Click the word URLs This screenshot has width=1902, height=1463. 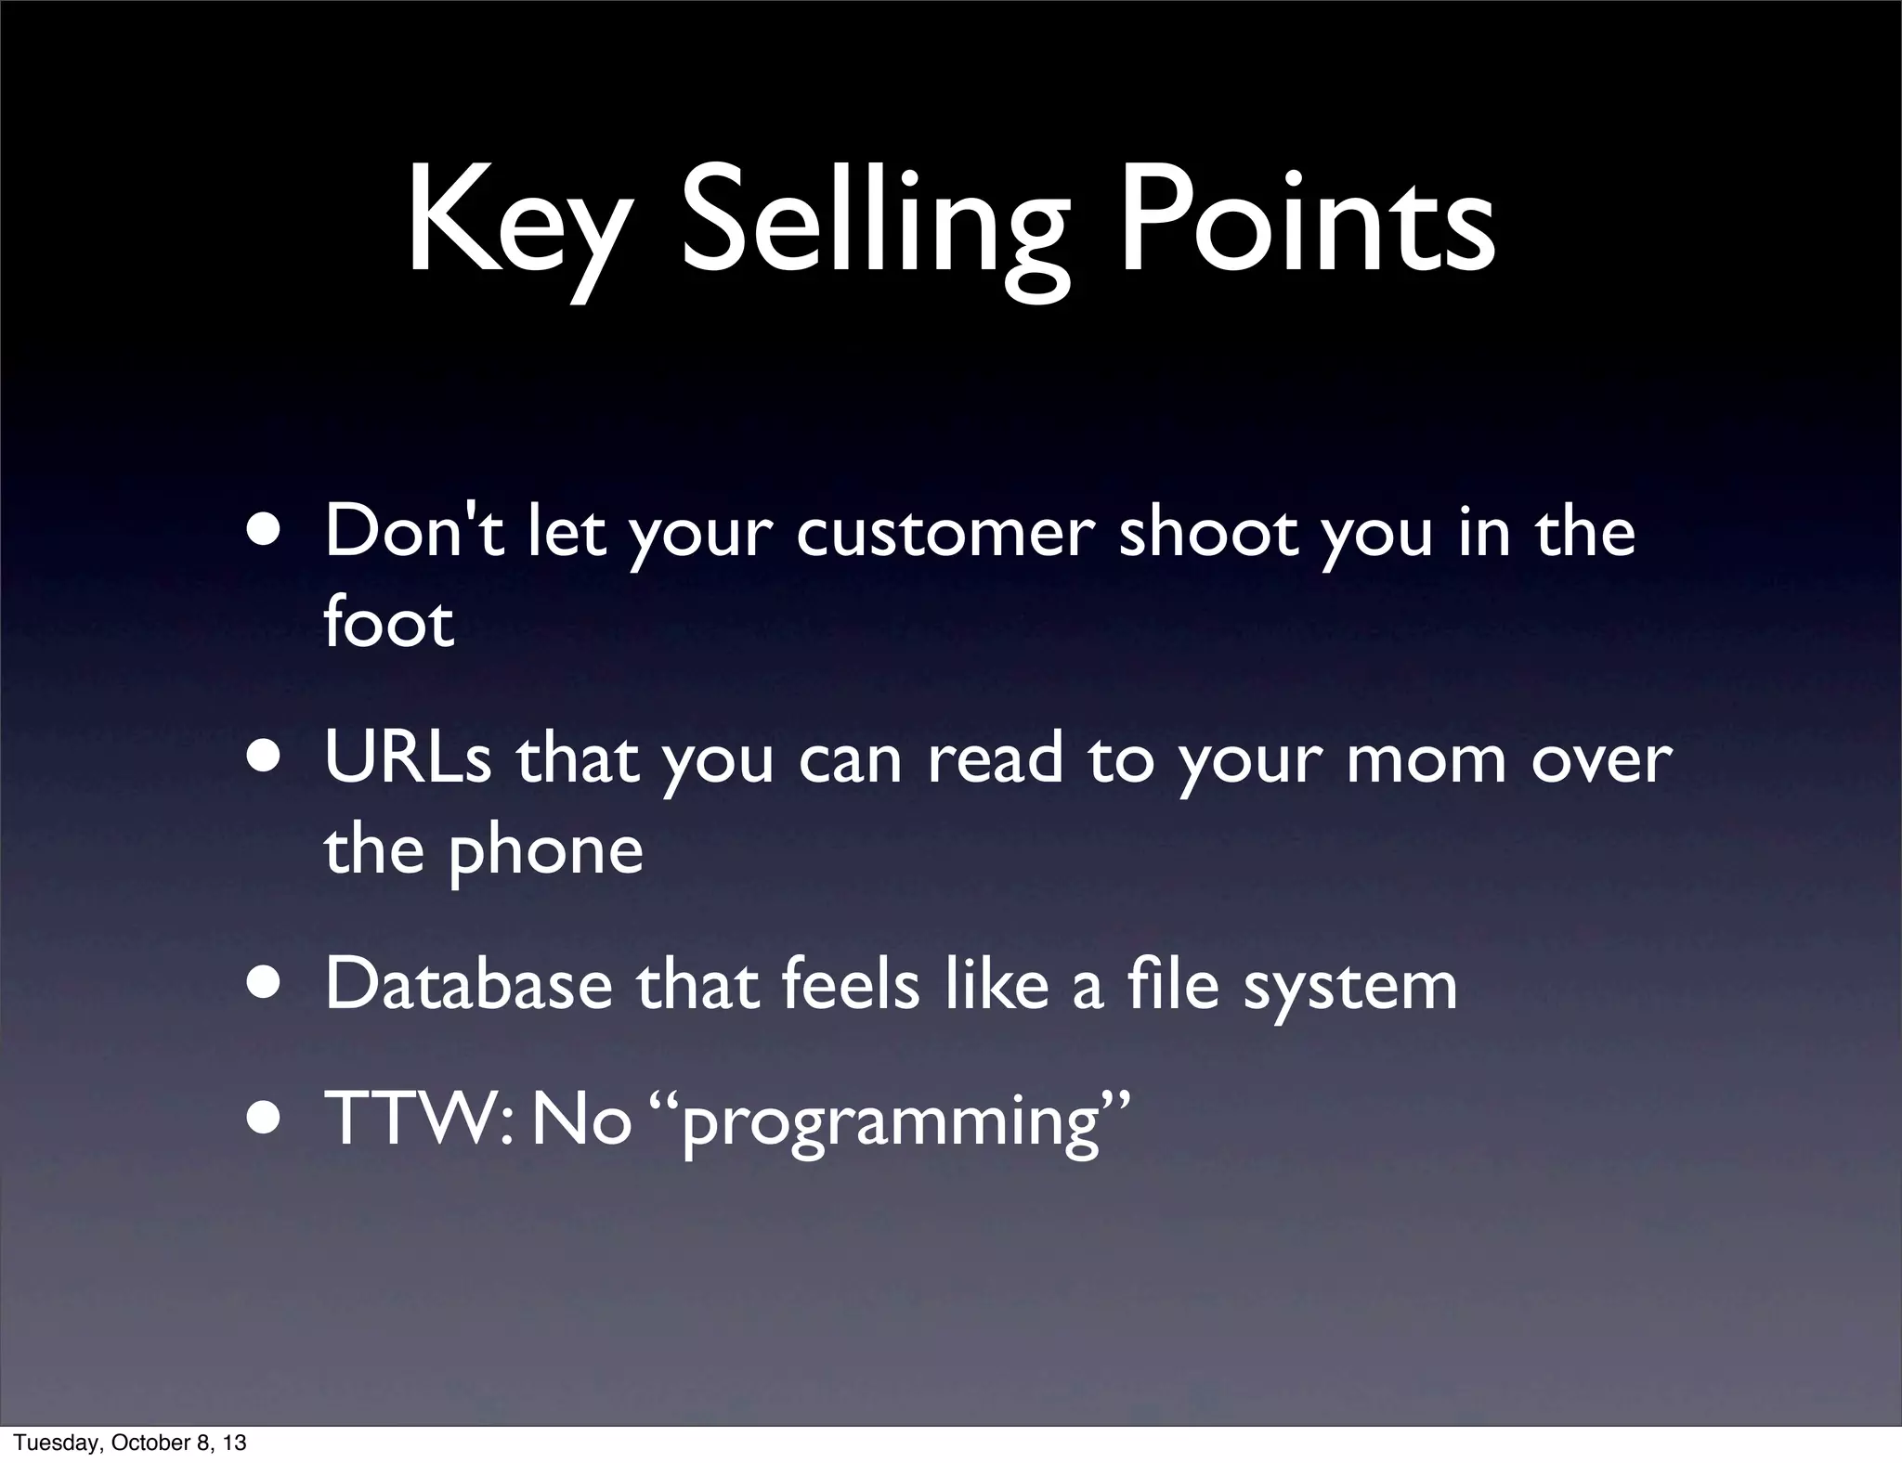[x=408, y=759]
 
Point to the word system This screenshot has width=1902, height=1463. [x=1350, y=989]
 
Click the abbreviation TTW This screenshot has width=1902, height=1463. [x=413, y=1120]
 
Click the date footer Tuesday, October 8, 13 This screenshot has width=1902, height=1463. [x=130, y=1443]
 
